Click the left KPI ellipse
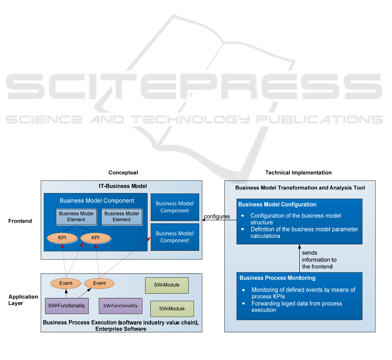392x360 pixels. tap(62, 238)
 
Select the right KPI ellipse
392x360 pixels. tap(95, 238)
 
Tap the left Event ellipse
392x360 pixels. tap(66, 283)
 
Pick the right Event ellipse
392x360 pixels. tap(99, 283)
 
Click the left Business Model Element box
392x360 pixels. tap(76, 216)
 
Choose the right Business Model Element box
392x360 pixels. tap(122, 216)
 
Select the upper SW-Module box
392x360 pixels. tap(166, 285)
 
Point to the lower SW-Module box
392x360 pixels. tap(172, 309)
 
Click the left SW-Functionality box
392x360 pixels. tap(67, 306)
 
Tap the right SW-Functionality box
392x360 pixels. tap(120, 306)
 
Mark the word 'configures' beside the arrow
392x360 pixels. tap(217, 216)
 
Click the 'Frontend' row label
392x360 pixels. tap(20, 221)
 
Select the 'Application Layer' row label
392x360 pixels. tap(23, 300)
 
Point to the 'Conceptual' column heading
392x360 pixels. tap(123, 173)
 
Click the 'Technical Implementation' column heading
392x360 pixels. tap(298, 173)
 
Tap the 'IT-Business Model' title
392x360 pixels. tap(123, 186)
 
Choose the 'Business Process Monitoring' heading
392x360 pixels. tap(277, 278)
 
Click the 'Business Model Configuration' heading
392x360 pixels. tap(277, 205)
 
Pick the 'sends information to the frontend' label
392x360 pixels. tap(319, 260)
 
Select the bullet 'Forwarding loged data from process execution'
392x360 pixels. tap(297, 306)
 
